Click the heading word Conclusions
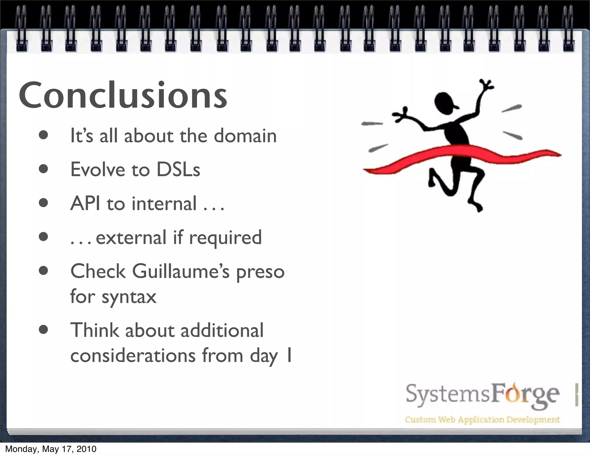pyautogui.click(x=123, y=95)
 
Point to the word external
pyautogui.click(x=131, y=238)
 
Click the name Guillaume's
pyautogui.click(x=181, y=271)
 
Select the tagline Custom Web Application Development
pyautogui.click(x=482, y=420)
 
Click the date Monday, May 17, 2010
pyautogui.click(x=51, y=449)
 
